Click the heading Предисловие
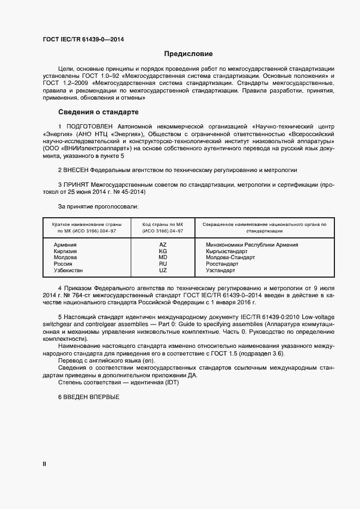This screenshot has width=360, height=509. (x=188, y=54)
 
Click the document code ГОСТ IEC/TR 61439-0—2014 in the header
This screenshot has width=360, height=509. (x=79, y=39)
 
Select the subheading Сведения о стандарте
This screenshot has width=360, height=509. (x=98, y=113)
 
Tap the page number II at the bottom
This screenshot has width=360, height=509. (x=44, y=464)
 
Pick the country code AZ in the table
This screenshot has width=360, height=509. (x=162, y=245)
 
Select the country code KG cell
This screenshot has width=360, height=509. (x=162, y=252)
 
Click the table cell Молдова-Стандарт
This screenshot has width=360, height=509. (x=230, y=257)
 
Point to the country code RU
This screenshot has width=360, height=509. (x=162, y=264)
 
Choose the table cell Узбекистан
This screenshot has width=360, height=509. (x=68, y=270)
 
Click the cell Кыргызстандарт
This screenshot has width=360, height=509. (x=228, y=252)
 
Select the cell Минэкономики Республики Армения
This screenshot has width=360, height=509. (x=252, y=245)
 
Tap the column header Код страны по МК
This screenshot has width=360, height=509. (x=162, y=224)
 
